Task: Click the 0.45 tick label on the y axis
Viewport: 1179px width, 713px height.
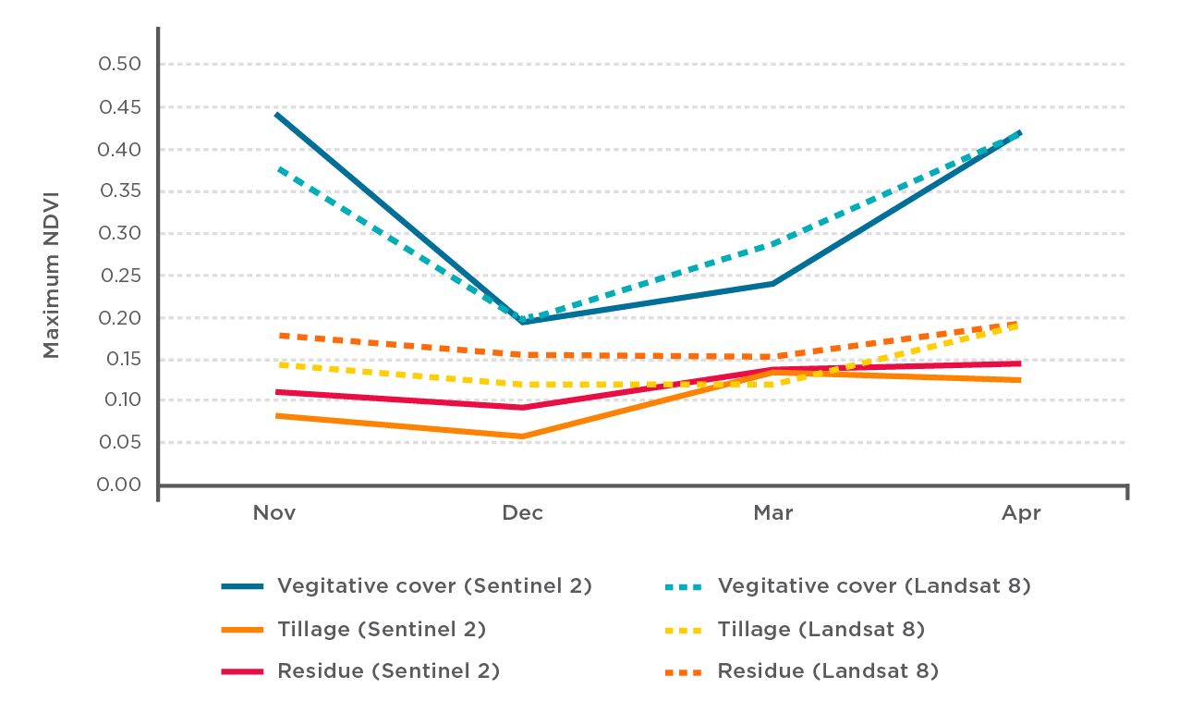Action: tap(120, 107)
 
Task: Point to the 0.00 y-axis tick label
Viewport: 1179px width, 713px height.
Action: tap(120, 485)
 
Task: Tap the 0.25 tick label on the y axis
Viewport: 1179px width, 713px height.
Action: tap(120, 275)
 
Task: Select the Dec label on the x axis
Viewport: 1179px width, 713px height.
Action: tap(523, 513)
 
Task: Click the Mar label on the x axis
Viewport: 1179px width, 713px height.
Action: tap(772, 513)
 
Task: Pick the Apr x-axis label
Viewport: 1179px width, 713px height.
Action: tap(1020, 513)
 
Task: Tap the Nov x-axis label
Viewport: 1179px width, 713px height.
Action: tap(274, 513)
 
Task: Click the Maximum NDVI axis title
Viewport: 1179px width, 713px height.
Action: tap(52, 276)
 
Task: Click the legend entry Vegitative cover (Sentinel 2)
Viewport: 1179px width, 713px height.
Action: tap(434, 586)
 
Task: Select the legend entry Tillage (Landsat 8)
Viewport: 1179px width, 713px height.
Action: tap(820, 630)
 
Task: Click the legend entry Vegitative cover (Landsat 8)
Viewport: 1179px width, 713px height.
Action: tap(873, 586)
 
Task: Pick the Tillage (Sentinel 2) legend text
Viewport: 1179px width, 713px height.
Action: tap(381, 630)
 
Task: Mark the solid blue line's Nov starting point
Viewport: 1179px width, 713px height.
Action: tap(275, 114)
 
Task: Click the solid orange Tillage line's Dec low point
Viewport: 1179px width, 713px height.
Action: tap(523, 436)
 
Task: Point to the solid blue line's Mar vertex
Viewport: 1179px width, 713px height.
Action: tap(772, 283)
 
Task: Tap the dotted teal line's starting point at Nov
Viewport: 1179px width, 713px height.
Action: tap(275, 167)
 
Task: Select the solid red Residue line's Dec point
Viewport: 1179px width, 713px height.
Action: tap(523, 408)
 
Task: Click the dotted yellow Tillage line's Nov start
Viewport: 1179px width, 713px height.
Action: tap(275, 364)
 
